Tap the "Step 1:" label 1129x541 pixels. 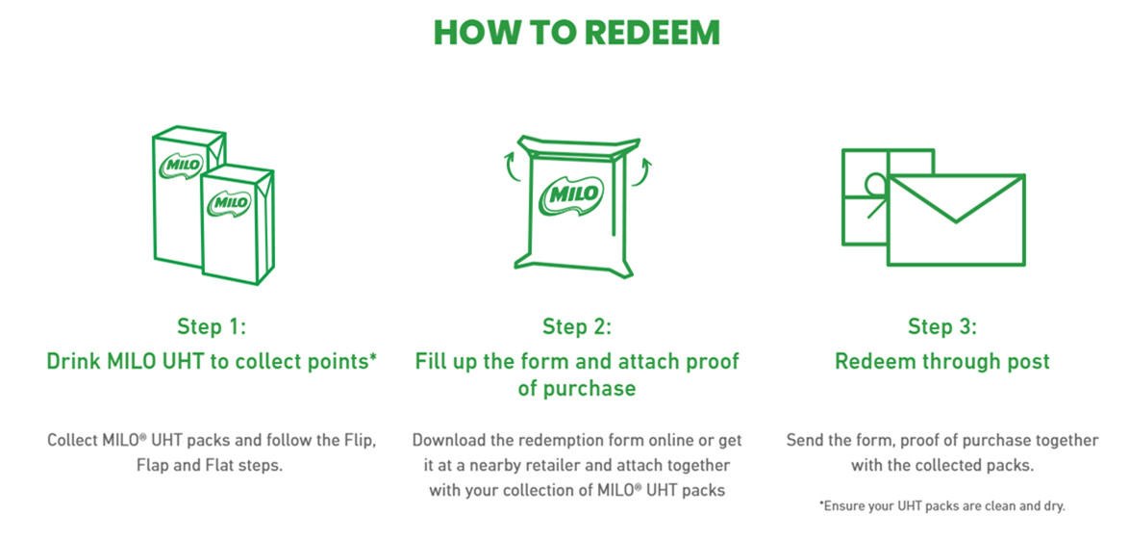click(x=212, y=327)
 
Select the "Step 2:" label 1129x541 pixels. click(x=577, y=327)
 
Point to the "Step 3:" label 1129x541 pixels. click(x=942, y=327)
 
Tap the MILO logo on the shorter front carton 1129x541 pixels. click(x=230, y=202)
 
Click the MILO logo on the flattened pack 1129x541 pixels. click(x=572, y=193)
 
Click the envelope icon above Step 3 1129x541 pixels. click(x=956, y=219)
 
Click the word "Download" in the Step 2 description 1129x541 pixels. click(x=446, y=439)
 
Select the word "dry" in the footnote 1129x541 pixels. click(x=1053, y=505)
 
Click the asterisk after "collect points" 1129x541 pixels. click(x=373, y=356)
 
